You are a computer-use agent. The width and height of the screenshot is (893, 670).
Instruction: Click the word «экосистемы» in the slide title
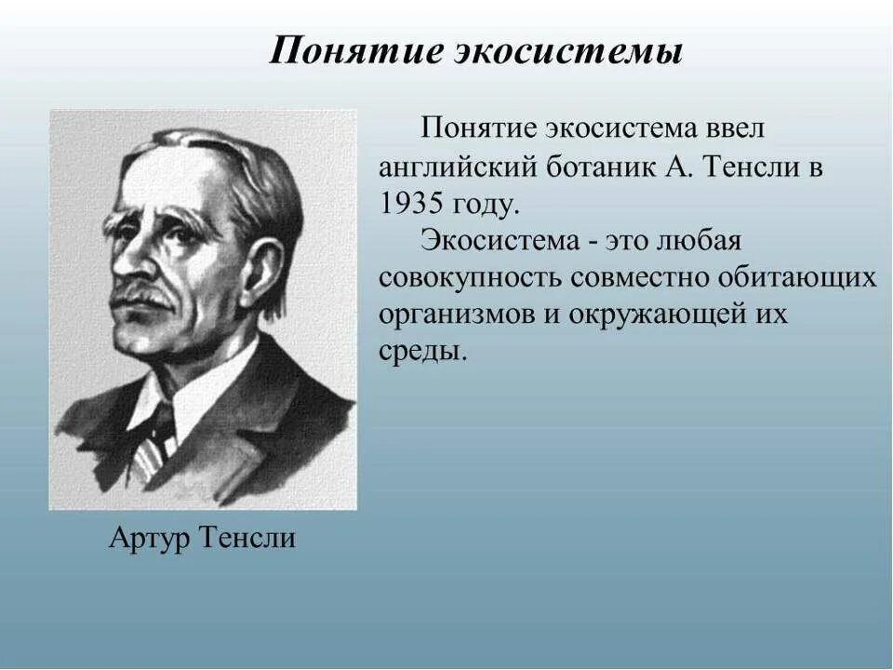568,51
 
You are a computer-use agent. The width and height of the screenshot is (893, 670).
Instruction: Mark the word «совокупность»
470,278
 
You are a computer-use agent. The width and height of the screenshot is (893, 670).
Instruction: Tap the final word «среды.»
421,352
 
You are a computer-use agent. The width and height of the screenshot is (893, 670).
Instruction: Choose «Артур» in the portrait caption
149,538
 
